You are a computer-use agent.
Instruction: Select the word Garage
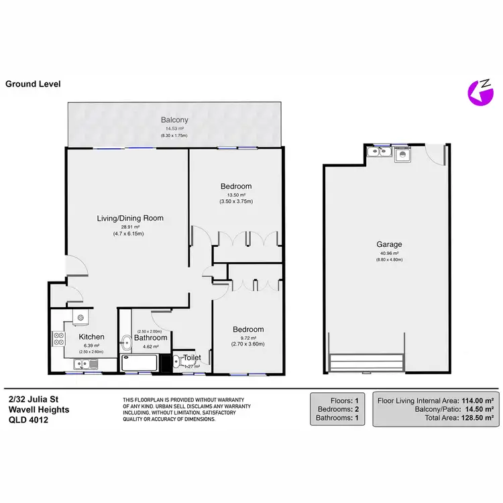[x=386, y=245]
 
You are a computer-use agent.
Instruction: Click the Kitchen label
[x=91, y=337]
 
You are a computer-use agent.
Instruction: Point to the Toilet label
[x=192, y=358]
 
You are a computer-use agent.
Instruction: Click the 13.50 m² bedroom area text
[x=235, y=194]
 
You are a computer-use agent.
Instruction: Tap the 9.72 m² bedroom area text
[x=247, y=338]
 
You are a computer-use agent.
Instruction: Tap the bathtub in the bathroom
[x=139, y=364]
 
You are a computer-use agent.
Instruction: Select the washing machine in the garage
[x=402, y=154]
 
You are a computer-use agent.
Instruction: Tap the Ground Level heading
[x=33, y=84]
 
